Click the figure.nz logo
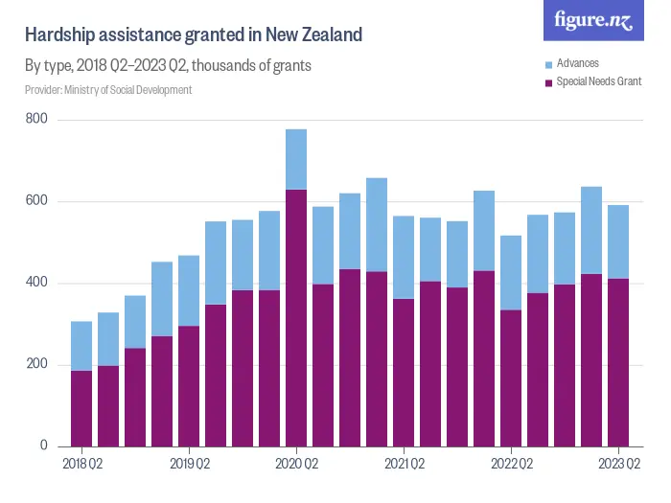point(593,21)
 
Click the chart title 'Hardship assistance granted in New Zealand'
point(194,35)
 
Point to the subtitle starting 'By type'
point(168,66)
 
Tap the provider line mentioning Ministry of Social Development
point(108,90)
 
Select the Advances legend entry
point(577,63)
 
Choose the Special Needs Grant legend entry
point(598,82)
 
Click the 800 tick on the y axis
point(37,120)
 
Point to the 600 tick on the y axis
point(37,201)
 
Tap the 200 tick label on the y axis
point(37,365)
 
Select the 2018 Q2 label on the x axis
point(81,465)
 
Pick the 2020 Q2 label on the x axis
point(296,465)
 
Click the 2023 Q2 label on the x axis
point(618,465)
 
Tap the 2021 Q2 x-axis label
point(404,465)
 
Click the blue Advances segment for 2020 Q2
point(296,159)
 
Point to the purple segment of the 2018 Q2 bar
point(81,408)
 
